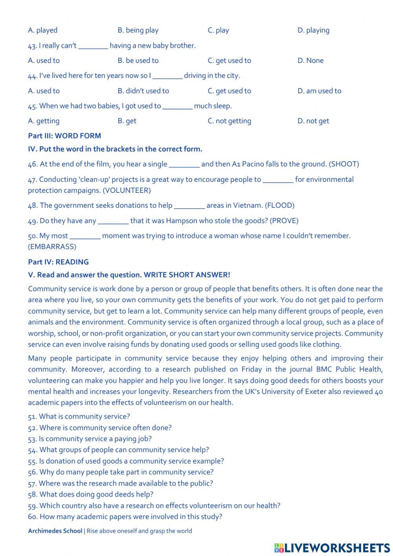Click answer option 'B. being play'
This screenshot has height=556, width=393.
[x=138, y=30]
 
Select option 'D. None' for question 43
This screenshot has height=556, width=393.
[x=310, y=61]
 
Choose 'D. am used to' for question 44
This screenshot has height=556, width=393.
[x=319, y=91]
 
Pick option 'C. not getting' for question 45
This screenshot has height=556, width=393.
[x=229, y=121]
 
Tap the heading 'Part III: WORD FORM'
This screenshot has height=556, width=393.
[x=64, y=136]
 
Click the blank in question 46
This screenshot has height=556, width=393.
[x=184, y=164]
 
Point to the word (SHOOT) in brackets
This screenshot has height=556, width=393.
[x=344, y=164]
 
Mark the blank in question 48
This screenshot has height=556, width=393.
[x=189, y=206]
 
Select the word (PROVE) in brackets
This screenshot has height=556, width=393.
[x=284, y=221]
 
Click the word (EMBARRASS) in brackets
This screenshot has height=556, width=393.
[x=52, y=247]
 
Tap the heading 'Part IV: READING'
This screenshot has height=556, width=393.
[x=58, y=262]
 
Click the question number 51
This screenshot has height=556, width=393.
[x=32, y=417]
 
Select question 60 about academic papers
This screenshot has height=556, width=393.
[x=125, y=517]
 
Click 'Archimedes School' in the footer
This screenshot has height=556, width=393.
[x=55, y=531]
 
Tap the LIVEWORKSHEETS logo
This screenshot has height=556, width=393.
[x=332, y=548]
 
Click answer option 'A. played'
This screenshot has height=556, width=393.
[x=42, y=30]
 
